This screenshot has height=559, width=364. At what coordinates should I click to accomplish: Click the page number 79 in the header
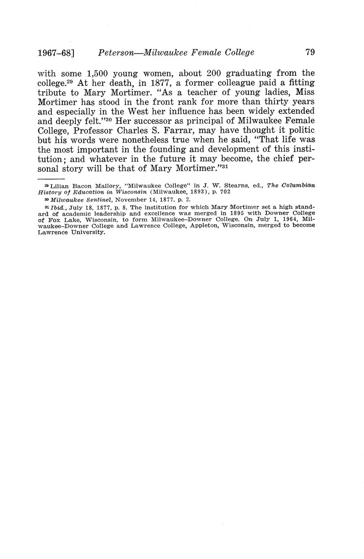(x=310, y=52)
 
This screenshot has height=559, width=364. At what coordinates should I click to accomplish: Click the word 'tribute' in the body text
(x=52, y=92)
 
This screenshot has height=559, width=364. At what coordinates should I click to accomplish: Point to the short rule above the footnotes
(x=51, y=178)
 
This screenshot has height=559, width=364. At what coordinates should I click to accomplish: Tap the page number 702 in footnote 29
(x=225, y=192)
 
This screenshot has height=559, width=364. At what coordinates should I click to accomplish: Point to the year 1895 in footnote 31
(x=238, y=213)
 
